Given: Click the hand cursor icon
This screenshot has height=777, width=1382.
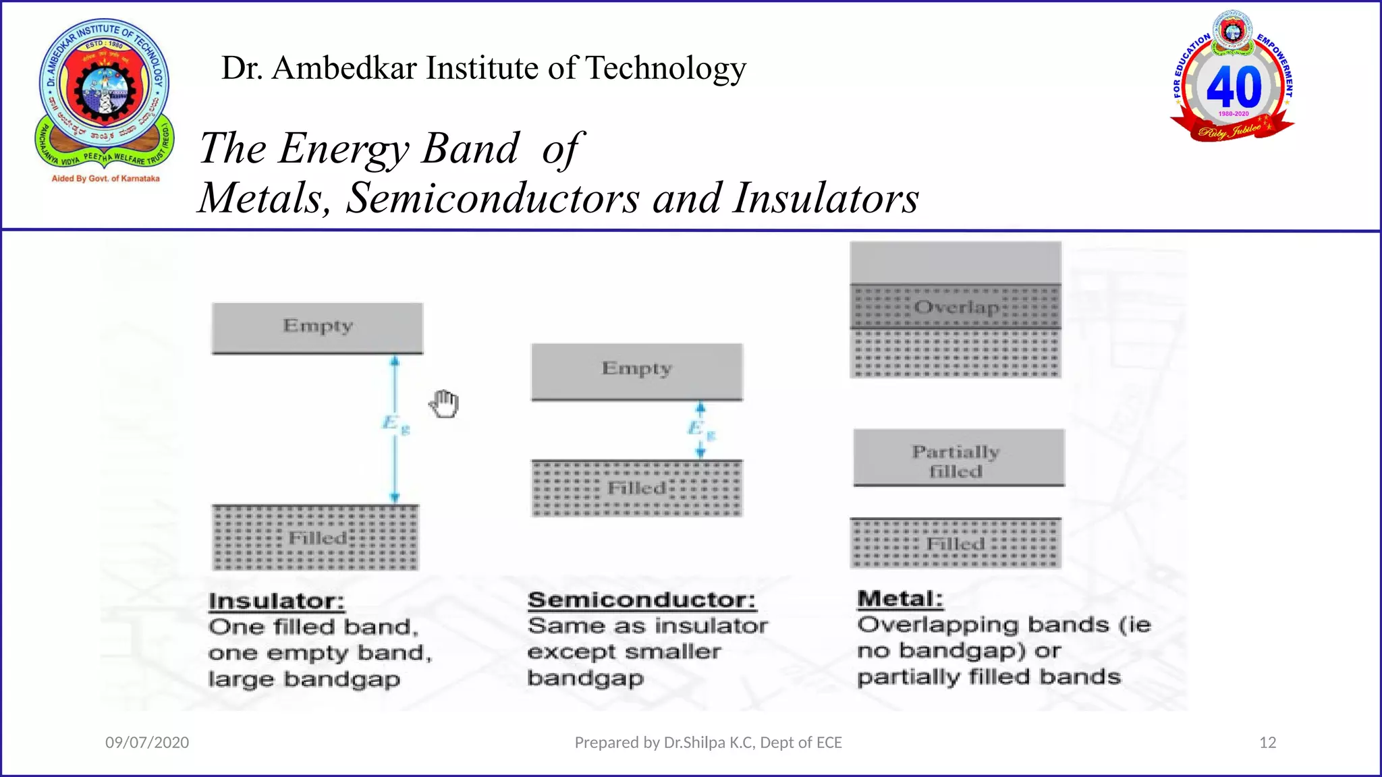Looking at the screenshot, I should point(445,404).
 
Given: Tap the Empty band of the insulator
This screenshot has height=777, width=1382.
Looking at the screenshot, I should point(317,328).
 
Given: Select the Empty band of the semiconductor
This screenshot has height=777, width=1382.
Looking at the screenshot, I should point(636,371).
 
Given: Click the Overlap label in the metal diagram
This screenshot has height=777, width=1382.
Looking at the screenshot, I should point(956,308).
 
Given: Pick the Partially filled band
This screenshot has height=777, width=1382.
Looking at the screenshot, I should point(958,458).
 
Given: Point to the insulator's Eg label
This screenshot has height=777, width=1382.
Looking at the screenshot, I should point(395,424).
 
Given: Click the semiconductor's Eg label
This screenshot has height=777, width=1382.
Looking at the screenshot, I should point(700,428).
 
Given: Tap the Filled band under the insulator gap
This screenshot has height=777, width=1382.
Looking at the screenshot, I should point(316,538).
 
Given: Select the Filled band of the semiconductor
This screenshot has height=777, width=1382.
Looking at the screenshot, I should point(636,488).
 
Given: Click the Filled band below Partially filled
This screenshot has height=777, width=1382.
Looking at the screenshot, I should point(956,544).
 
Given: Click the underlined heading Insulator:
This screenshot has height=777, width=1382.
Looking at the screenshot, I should point(277,601).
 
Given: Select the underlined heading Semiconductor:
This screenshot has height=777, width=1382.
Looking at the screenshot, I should point(641,600).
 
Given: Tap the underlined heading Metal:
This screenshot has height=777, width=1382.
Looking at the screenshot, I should point(900,598).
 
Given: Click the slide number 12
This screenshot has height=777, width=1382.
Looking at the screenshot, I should point(1267,743).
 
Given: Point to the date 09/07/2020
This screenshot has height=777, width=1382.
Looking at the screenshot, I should point(147,743).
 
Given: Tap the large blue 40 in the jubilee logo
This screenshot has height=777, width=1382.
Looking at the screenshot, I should point(1233,87).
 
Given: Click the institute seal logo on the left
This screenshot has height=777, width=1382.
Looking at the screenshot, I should point(105,94).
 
